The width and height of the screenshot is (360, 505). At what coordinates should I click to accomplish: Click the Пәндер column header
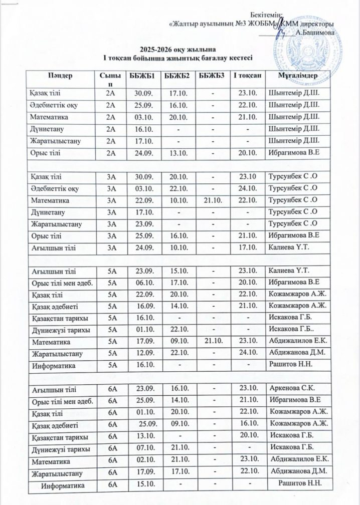pos(60,76)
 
